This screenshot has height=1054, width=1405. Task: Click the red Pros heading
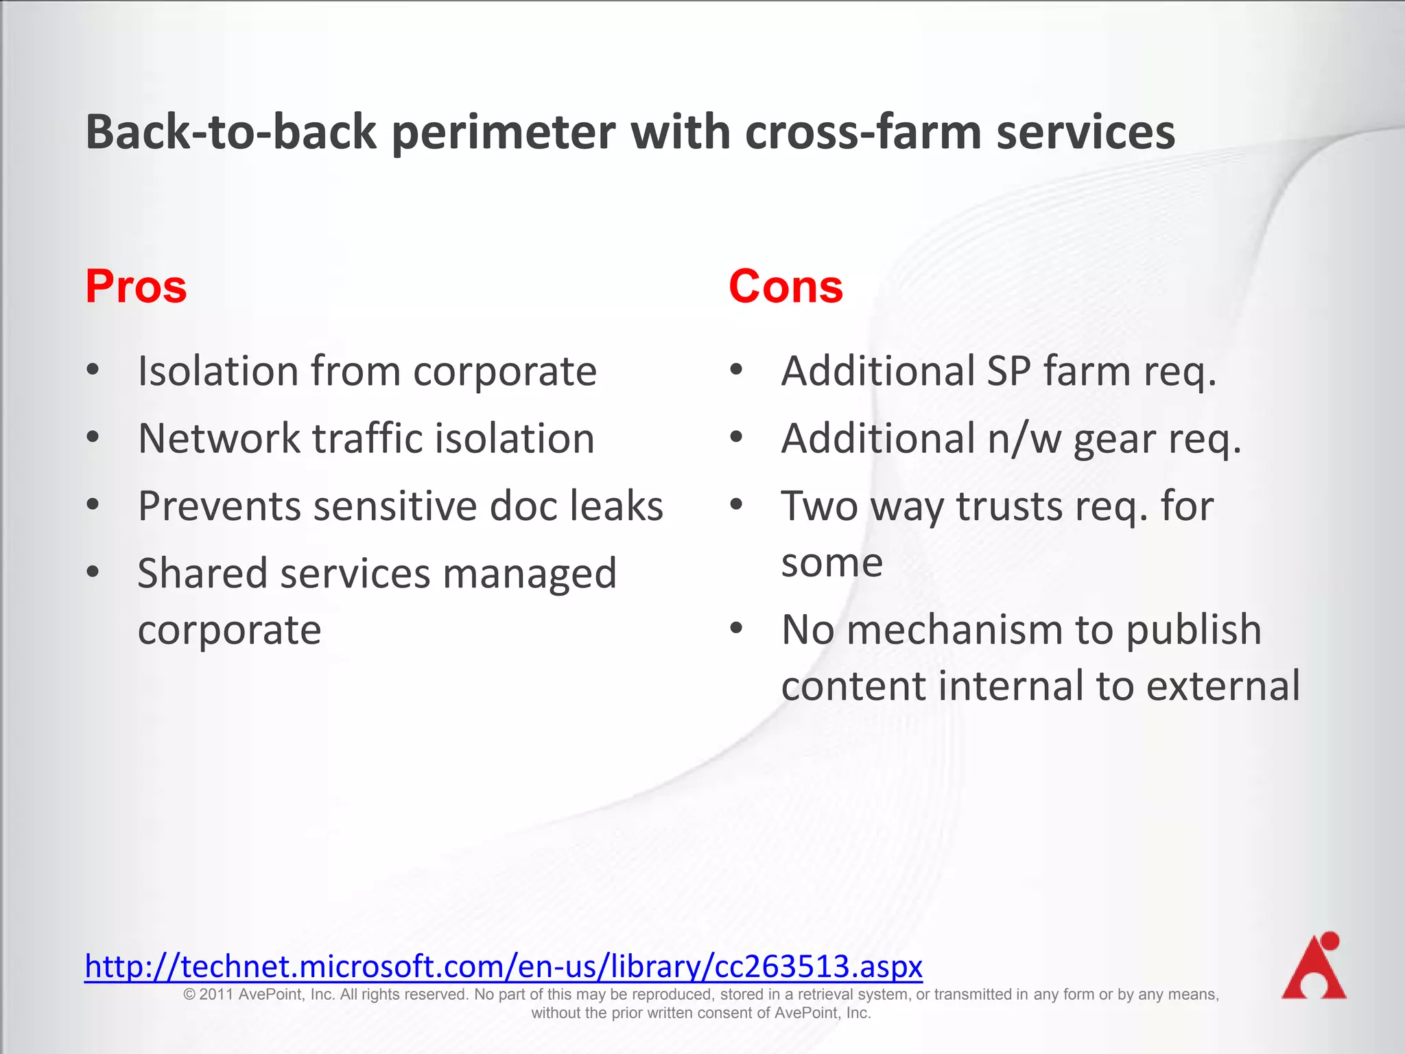pos(136,286)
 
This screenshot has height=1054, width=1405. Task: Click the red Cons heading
pos(786,286)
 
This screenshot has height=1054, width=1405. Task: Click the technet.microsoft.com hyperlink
pos(504,966)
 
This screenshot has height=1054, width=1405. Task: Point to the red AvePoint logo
pos(1314,966)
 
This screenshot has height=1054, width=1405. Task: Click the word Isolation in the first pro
pos(218,371)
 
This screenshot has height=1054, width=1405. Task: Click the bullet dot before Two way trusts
pos(736,505)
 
